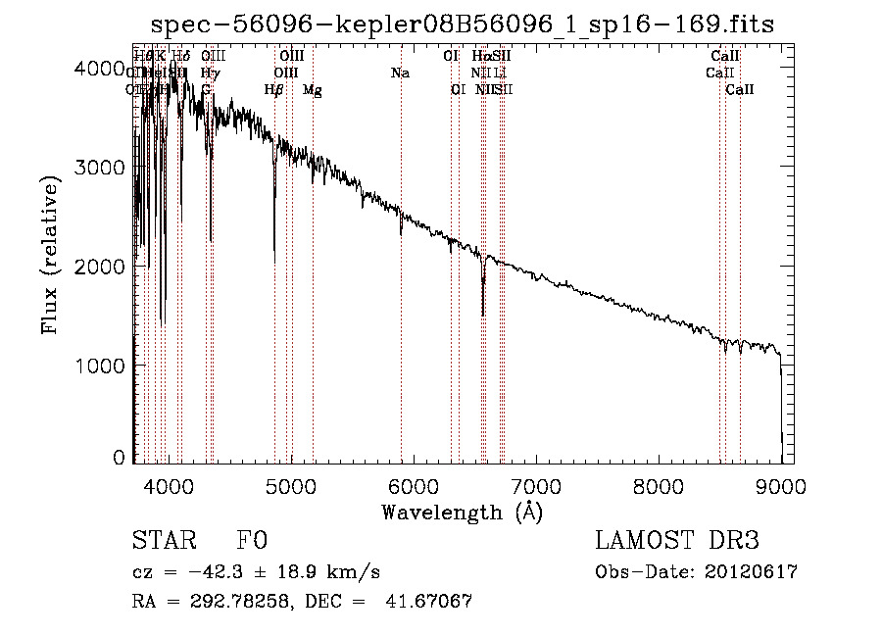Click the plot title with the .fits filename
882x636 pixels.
462,24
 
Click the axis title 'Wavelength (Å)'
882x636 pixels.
462,512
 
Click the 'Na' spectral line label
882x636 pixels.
400,73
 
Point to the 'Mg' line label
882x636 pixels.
312,90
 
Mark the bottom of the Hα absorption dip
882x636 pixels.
482,315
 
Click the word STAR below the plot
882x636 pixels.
165,541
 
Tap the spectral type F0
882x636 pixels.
252,541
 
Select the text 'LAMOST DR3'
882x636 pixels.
677,541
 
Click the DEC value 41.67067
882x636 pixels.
434,602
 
